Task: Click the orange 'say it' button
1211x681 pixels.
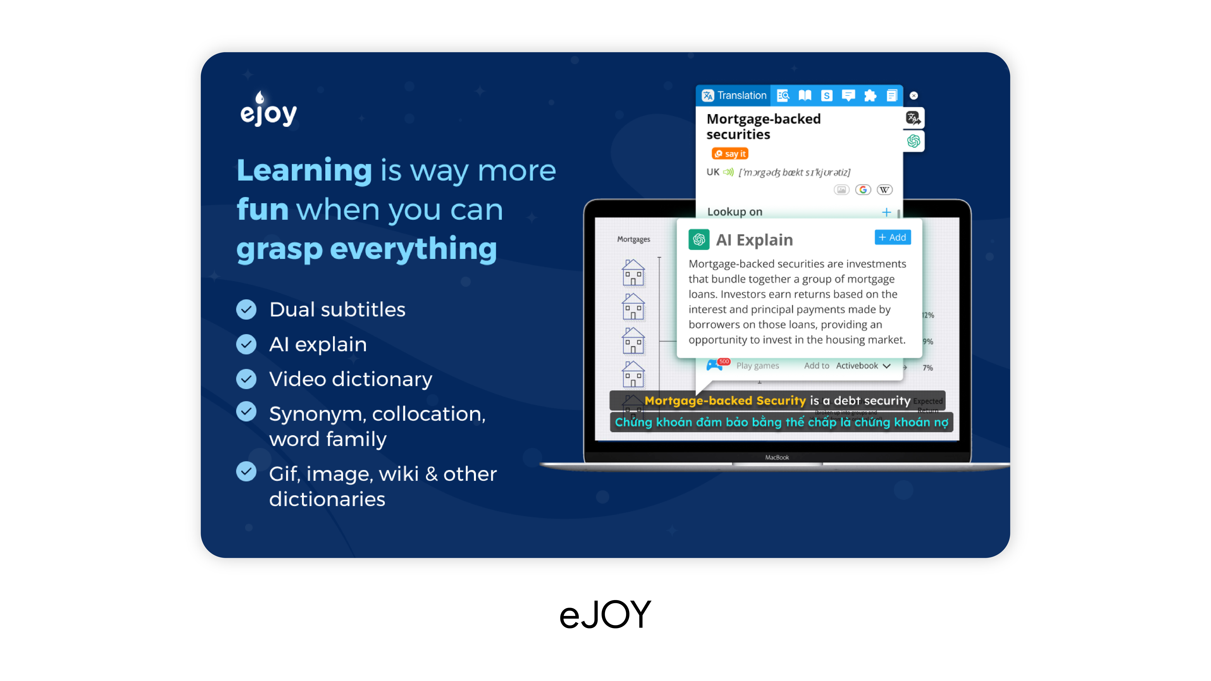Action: [x=730, y=154]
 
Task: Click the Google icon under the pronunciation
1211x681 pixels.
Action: [x=863, y=190]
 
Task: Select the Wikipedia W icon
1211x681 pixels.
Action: [x=884, y=190]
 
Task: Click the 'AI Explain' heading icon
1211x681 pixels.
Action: [x=699, y=240]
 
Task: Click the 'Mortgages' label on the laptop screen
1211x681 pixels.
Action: [x=633, y=239]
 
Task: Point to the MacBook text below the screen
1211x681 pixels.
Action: [x=777, y=457]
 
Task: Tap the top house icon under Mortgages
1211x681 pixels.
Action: [x=633, y=273]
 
